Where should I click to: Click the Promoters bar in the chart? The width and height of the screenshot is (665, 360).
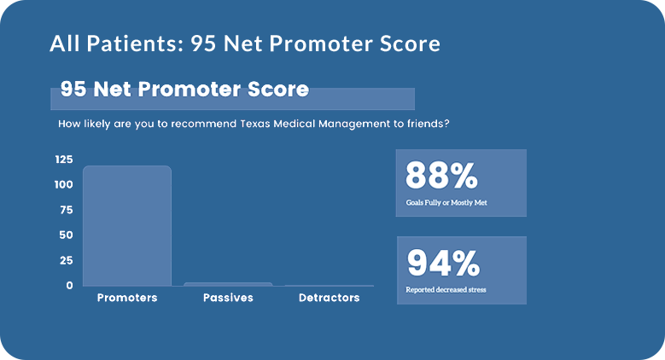pyautogui.click(x=127, y=226)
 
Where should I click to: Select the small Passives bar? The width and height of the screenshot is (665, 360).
pyautogui.click(x=228, y=285)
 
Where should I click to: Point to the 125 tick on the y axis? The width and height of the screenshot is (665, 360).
pyautogui.click(x=64, y=160)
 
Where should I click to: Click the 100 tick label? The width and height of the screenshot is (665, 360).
pyautogui.click(x=64, y=184)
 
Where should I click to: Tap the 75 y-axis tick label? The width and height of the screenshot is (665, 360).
pyautogui.click(x=67, y=210)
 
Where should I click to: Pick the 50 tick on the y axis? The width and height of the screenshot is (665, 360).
pyautogui.click(x=67, y=235)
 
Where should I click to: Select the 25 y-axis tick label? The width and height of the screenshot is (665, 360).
pyautogui.click(x=67, y=260)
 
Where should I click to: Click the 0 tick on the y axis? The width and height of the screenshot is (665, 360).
pyautogui.click(x=69, y=286)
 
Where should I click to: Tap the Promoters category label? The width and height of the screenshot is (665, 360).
pyautogui.click(x=127, y=298)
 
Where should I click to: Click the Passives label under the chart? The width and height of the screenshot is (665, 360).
pyautogui.click(x=228, y=298)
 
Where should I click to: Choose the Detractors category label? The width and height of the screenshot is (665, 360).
pyautogui.click(x=330, y=298)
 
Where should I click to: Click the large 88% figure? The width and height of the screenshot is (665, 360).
pyautogui.click(x=441, y=176)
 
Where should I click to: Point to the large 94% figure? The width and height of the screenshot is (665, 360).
pyautogui.click(x=443, y=263)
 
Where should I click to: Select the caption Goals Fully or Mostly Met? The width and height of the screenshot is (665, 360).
pyautogui.click(x=446, y=203)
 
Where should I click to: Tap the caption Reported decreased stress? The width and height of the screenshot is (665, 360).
pyautogui.click(x=446, y=290)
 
